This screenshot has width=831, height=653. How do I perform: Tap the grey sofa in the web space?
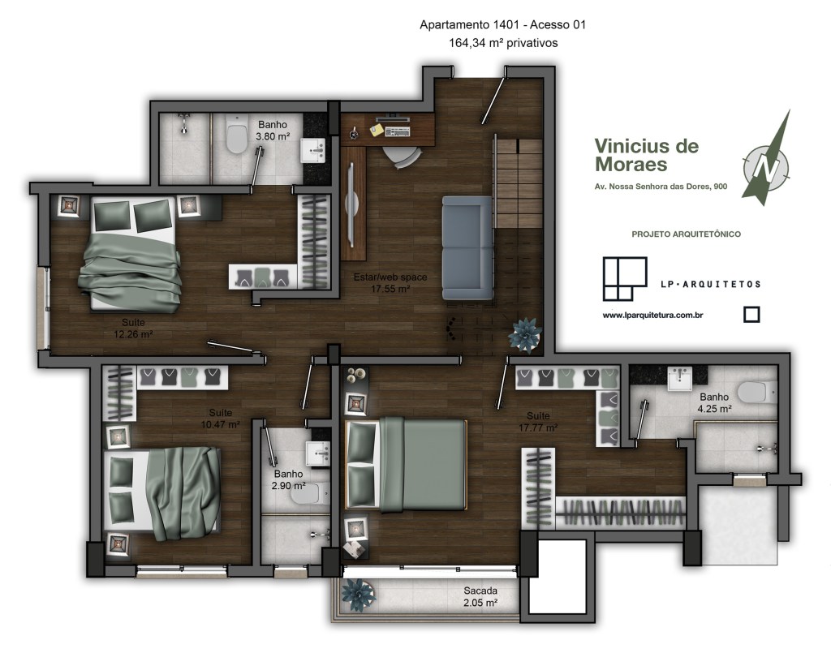point(467,248)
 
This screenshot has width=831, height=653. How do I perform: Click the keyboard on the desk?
point(398,131)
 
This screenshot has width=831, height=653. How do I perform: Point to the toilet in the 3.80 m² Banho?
point(236,134)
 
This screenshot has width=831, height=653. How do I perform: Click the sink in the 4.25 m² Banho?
point(679,379)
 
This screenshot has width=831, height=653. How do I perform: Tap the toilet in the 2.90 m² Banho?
point(310,493)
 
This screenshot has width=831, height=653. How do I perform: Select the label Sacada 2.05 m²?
point(480,596)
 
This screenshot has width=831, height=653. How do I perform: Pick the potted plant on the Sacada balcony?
point(359,595)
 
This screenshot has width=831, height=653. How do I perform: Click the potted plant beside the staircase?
point(525,335)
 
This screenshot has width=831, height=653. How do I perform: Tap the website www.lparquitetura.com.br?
point(652,315)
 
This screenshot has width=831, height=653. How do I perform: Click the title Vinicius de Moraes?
point(647,155)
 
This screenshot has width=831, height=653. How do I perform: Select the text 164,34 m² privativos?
point(503,43)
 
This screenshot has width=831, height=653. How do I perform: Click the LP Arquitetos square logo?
point(625,278)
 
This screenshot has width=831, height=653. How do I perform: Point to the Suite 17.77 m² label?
point(538,422)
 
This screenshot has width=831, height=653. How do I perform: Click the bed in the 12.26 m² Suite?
point(131,253)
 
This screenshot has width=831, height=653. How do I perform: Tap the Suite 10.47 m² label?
point(220,419)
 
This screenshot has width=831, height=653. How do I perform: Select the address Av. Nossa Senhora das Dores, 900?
point(661,187)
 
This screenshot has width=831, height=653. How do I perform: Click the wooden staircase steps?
point(519,183)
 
